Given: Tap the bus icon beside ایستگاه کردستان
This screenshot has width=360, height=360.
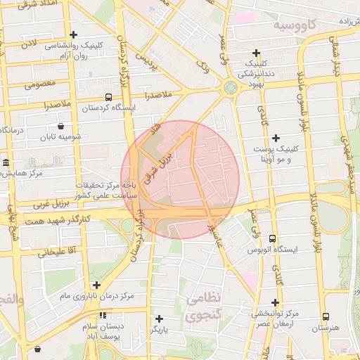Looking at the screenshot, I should (x=108, y=97).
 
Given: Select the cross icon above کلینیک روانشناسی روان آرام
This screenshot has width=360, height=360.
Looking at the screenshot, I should (x=74, y=34).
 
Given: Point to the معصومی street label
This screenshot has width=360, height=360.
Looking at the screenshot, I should (x=39, y=86).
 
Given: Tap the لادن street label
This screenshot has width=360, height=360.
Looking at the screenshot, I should (x=28, y=44).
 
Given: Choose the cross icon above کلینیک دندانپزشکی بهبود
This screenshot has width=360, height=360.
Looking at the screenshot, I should (x=257, y=53).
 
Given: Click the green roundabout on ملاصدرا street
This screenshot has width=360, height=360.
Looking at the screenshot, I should (x=230, y=88).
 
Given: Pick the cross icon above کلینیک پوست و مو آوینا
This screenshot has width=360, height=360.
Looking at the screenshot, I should (x=276, y=138).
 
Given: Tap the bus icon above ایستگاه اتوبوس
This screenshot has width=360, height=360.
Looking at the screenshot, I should (x=273, y=239).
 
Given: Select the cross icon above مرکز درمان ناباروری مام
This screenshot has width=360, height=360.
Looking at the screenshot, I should (x=96, y=285).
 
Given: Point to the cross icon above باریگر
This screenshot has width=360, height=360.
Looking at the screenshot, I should (x=160, y=319).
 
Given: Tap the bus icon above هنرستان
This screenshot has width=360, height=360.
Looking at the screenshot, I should (x=325, y=317).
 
